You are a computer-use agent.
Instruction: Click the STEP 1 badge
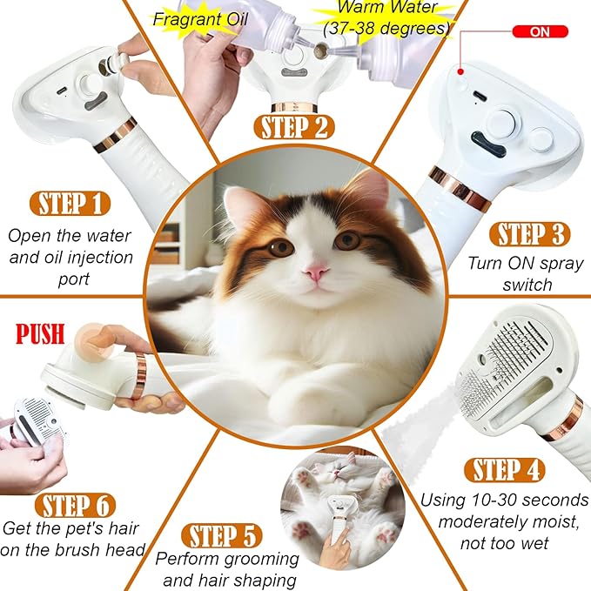[73, 204]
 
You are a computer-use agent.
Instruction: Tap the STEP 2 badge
[295, 127]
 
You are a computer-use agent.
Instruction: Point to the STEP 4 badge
[508, 470]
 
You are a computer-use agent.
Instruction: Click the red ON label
[540, 31]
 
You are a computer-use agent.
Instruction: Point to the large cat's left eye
[280, 247]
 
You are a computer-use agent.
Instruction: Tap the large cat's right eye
[347, 240]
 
